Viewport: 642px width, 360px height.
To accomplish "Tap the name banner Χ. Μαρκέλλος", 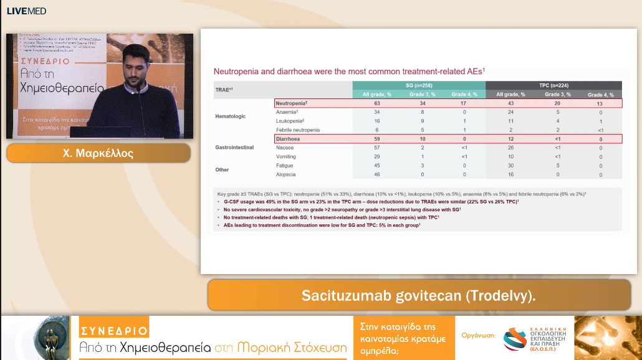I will click(98, 153).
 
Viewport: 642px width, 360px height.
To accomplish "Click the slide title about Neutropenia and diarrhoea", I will click(349, 72).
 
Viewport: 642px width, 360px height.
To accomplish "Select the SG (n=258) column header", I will click(419, 85).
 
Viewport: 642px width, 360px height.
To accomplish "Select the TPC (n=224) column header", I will click(553, 85).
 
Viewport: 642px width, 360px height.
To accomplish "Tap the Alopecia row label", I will click(287, 175).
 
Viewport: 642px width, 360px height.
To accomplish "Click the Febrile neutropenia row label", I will click(298, 130).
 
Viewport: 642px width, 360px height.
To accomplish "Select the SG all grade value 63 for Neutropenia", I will click(377, 103).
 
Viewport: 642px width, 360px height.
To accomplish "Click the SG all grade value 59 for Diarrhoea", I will click(377, 139).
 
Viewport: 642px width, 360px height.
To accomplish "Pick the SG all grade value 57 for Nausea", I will click(377, 148).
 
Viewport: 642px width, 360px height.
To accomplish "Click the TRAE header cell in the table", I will click(224, 90).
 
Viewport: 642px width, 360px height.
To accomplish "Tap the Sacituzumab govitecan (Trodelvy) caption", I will click(418, 295).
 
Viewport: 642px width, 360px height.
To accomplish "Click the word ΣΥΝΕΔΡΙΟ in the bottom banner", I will click(114, 330).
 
